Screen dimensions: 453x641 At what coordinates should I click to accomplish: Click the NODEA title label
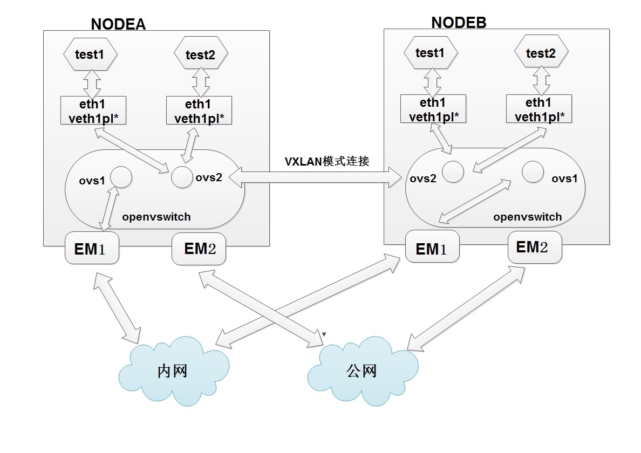pyautogui.click(x=118, y=24)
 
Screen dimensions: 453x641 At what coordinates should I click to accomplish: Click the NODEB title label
pyautogui.click(x=459, y=22)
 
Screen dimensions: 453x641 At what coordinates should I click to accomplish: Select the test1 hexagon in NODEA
pyautogui.click(x=90, y=54)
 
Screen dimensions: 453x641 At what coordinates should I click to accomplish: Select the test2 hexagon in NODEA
pyautogui.click(x=201, y=54)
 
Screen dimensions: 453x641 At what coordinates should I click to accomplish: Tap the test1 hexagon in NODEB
pyautogui.click(x=430, y=53)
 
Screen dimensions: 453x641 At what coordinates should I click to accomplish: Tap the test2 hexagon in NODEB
pyautogui.click(x=540, y=53)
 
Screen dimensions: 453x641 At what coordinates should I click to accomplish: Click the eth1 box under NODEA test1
pyautogui.click(x=93, y=111)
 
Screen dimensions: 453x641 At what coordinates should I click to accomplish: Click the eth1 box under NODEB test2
pyautogui.click(x=539, y=109)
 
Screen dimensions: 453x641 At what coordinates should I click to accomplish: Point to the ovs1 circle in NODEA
pyautogui.click(x=121, y=177)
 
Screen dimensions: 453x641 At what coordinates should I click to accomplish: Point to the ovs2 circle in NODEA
pyautogui.click(x=182, y=177)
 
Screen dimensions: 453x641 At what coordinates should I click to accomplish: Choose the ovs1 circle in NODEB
pyautogui.click(x=533, y=171)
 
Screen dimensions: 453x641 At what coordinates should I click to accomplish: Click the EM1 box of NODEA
pyautogui.click(x=92, y=249)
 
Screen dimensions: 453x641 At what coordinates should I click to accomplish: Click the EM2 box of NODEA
pyautogui.click(x=199, y=249)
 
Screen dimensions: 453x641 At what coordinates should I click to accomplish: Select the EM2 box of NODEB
pyautogui.click(x=535, y=248)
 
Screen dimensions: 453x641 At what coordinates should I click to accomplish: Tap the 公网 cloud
pyautogui.click(x=362, y=370)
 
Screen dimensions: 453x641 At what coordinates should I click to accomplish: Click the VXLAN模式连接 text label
pyautogui.click(x=327, y=161)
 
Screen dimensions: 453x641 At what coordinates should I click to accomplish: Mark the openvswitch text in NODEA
pyautogui.click(x=156, y=217)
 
